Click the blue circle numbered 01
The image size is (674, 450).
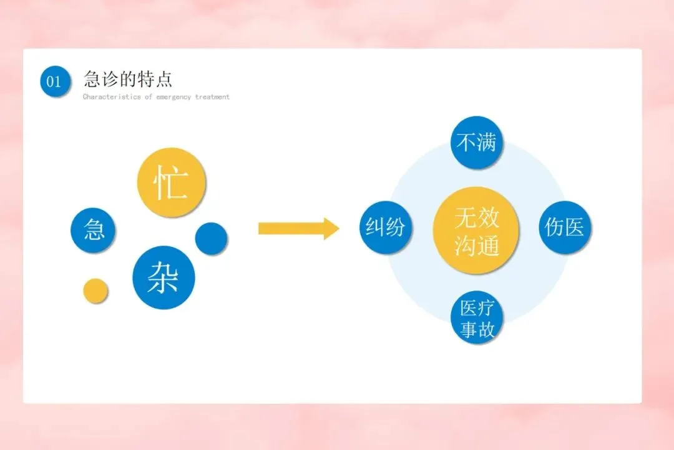(55, 81)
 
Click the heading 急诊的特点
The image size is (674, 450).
(128, 79)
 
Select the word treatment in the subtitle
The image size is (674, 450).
(212, 97)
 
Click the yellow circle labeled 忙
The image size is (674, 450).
(171, 182)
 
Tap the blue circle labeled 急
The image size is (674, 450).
(93, 229)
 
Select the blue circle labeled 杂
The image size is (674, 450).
(164, 277)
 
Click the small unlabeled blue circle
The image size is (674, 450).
(211, 238)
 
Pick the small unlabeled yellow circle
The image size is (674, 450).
(95, 291)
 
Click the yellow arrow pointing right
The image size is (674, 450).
(299, 229)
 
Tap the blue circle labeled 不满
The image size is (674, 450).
(476, 142)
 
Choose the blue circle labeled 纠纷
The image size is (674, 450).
(385, 227)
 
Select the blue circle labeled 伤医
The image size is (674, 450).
(564, 227)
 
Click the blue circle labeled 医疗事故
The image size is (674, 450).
(477, 318)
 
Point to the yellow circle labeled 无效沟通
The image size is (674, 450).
(476, 230)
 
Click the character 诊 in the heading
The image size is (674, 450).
(110, 79)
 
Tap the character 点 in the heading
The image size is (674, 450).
(164, 79)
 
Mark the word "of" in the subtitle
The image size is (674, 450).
(149, 97)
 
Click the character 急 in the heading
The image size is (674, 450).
(92, 79)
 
